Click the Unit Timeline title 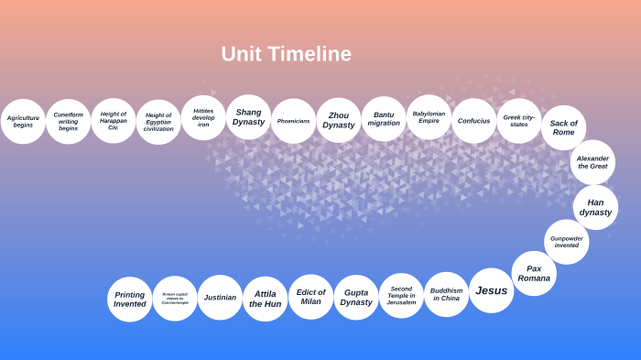(286, 54)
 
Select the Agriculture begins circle (23, 122)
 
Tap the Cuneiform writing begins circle (68, 122)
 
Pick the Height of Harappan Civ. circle (114, 121)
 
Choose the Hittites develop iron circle (203, 118)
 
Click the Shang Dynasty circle (248, 117)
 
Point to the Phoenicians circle (293, 121)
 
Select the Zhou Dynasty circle (339, 120)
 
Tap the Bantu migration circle (384, 119)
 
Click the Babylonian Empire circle (429, 117)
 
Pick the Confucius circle (473, 121)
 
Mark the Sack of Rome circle (563, 127)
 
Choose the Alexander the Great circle (592, 162)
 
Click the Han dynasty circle (595, 207)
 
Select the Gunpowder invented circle (567, 242)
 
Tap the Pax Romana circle (534, 273)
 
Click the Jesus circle (491, 290)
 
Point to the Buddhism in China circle (446, 294)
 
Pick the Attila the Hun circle (266, 299)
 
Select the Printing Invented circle (129, 300)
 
